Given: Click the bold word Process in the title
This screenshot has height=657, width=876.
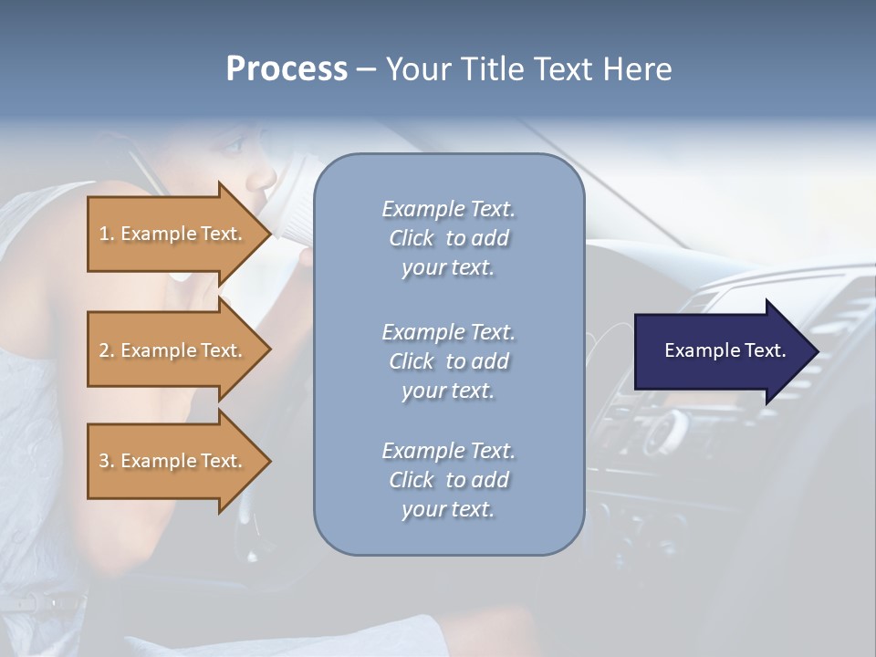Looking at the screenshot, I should (x=287, y=69).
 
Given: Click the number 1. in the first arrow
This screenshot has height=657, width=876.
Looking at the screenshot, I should (x=107, y=234).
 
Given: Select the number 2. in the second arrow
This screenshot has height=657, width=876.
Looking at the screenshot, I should (x=107, y=350).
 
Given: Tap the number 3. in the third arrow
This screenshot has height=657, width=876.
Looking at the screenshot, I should (x=107, y=461).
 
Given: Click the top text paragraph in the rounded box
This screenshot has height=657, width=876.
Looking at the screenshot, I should (x=448, y=238).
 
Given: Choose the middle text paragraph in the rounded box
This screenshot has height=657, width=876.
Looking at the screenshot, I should (x=448, y=361).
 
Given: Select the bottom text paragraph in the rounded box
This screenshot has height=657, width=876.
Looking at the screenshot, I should (x=448, y=480).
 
